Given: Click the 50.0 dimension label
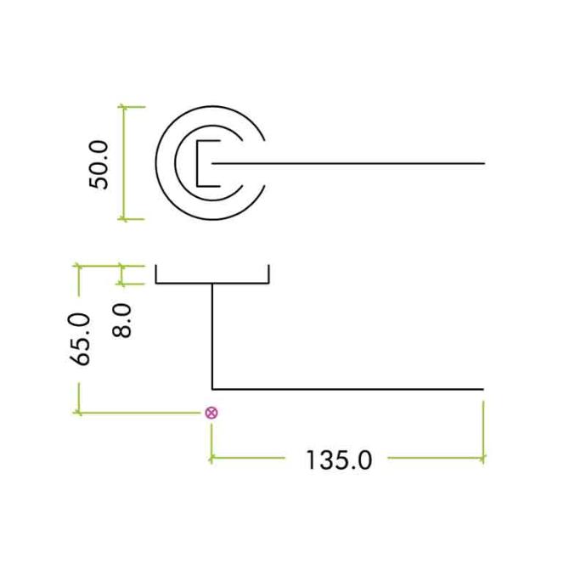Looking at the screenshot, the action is coord(99,165).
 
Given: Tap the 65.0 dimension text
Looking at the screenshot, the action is coord(80,340).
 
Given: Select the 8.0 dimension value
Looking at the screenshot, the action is coord(122,321).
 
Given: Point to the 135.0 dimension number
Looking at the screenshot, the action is coord(339,460).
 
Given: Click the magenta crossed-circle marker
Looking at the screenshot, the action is coord(211,413).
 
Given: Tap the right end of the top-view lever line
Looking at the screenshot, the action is coord(484,163).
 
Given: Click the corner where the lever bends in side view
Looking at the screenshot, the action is coord(212,389).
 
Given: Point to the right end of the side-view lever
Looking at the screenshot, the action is coord(483,389).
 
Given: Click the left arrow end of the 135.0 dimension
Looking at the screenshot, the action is coord(211,458).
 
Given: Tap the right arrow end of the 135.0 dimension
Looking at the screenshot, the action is coord(483,458).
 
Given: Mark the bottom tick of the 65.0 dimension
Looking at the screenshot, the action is coord(78,413).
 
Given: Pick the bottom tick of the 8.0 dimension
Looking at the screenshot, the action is coord(121,284).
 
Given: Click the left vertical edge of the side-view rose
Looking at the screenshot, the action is coord(156,274).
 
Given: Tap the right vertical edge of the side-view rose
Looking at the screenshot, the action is coord(268,274).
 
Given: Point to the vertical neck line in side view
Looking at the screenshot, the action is coord(212,336).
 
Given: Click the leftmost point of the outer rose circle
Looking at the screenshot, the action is coord(155,163).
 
